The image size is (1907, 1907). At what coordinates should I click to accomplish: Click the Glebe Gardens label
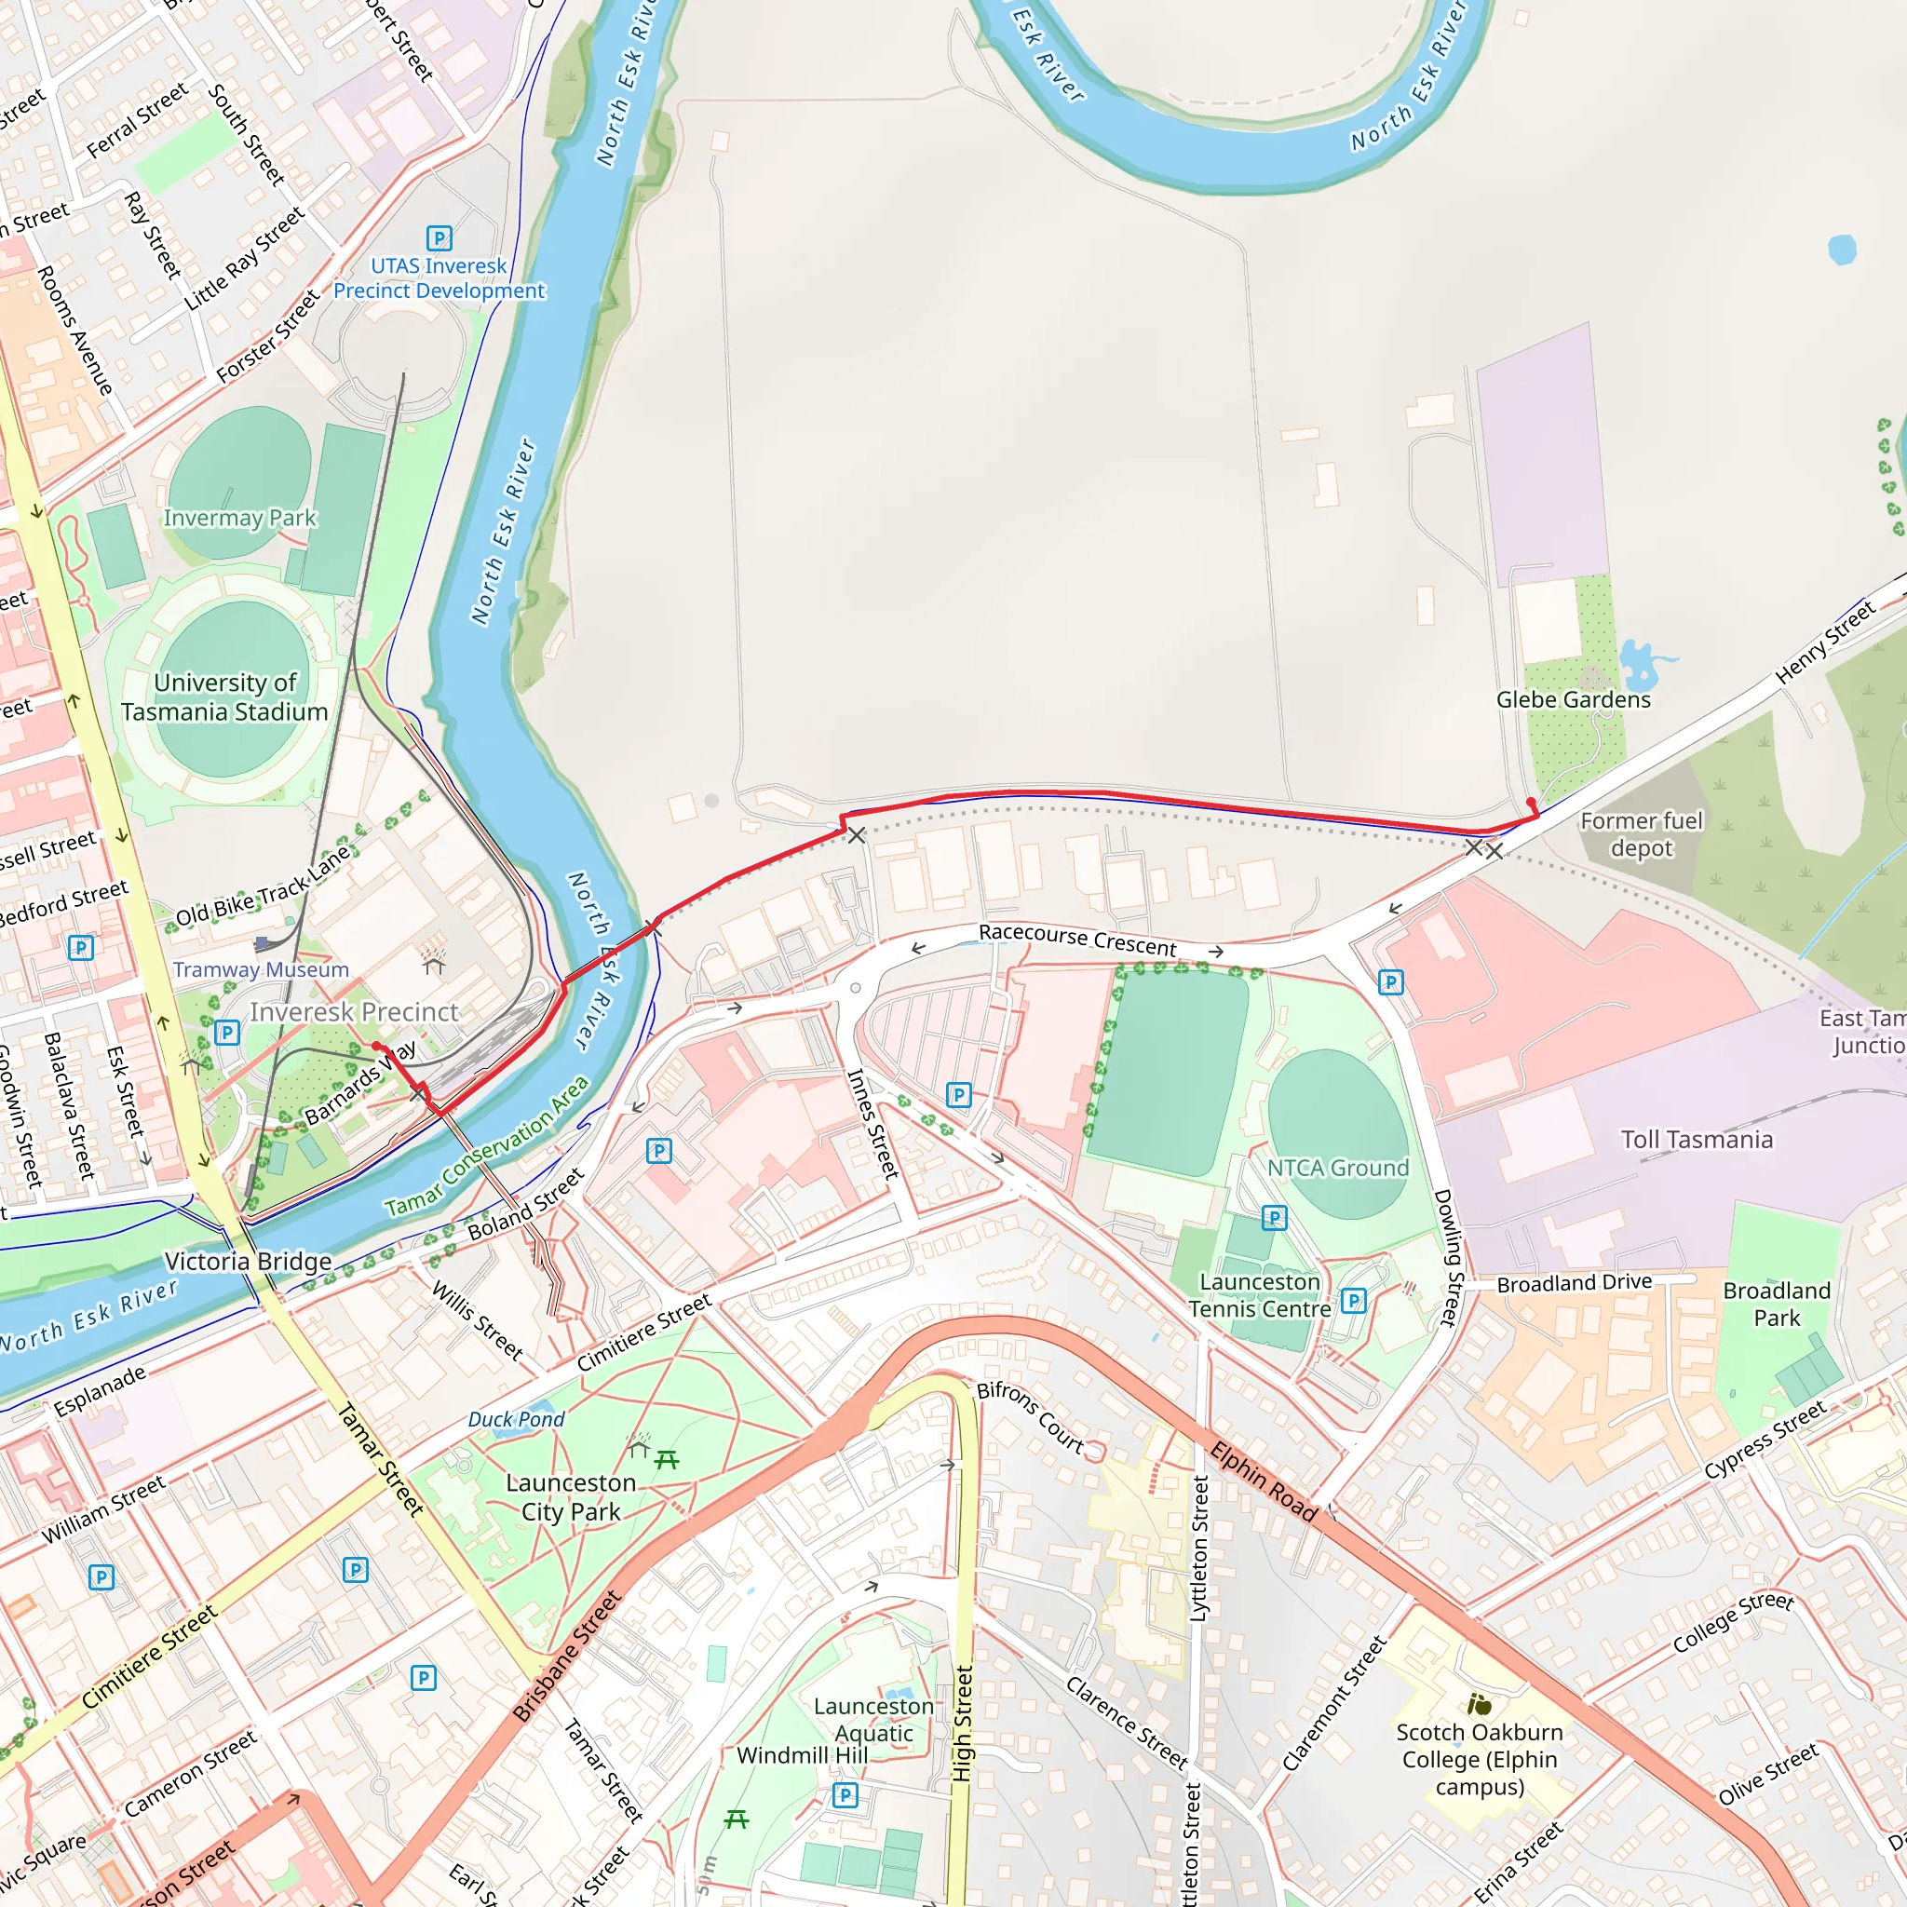(1573, 700)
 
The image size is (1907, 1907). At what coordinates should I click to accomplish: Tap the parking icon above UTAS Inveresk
(440, 237)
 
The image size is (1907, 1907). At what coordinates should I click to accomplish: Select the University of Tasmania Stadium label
(224, 697)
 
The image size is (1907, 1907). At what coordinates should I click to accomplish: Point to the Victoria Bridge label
(248, 1262)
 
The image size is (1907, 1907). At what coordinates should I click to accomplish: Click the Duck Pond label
(516, 1419)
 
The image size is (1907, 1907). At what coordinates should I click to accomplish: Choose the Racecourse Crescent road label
(1077, 940)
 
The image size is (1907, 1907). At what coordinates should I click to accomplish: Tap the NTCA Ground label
(1337, 1168)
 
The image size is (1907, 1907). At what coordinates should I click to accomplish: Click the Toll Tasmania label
(1696, 1140)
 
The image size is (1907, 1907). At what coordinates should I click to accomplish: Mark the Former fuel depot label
(1641, 834)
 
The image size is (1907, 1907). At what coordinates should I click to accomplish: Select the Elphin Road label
(1264, 1481)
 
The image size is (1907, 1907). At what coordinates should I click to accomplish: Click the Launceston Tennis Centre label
(1259, 1295)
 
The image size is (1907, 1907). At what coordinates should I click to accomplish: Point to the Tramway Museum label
(261, 969)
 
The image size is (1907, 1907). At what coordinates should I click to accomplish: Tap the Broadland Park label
(1776, 1304)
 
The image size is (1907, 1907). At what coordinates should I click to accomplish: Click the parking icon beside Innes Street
(958, 1094)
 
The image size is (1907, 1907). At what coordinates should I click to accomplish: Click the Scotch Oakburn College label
(1479, 1759)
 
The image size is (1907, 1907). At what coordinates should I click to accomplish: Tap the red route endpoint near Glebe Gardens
(1531, 803)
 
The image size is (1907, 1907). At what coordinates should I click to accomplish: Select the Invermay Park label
(240, 519)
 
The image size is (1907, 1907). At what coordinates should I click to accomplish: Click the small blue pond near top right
(1841, 249)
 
